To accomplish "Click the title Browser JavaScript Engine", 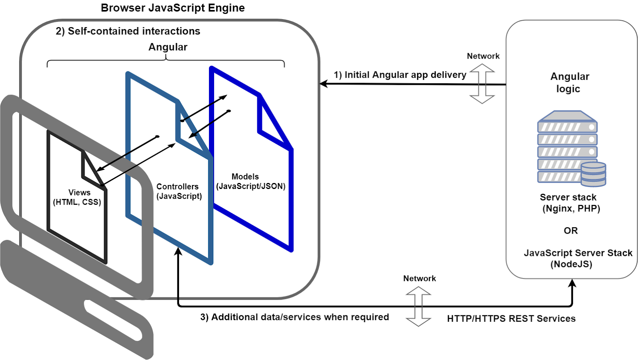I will [173, 8].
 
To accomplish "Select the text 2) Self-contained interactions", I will [128, 31].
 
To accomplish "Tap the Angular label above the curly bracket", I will [168, 47].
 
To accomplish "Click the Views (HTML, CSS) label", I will [77, 197].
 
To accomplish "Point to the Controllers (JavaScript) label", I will [179, 191].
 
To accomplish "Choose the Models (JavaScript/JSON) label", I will [250, 181].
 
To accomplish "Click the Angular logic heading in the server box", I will [569, 83].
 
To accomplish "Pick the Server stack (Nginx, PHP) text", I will [570, 203].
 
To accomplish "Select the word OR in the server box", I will [571, 230].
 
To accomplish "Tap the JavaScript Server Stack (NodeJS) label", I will [578, 258].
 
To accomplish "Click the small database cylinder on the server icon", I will [593, 174].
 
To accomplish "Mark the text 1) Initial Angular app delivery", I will [400, 75].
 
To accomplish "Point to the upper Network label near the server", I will [483, 56].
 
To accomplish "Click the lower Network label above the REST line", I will [419, 279].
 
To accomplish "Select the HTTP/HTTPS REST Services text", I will [511, 319].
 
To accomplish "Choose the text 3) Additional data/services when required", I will [294, 317].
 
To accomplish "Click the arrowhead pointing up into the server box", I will [572, 283].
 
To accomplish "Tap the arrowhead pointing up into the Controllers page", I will [178, 251].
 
